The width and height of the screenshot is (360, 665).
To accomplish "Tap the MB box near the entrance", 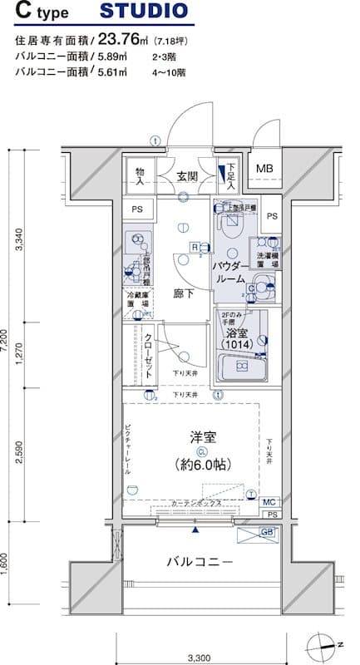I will pos(264,169).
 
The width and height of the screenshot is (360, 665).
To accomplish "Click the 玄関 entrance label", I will pos(186,176).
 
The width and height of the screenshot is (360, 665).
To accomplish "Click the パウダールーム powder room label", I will pos(229,273).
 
